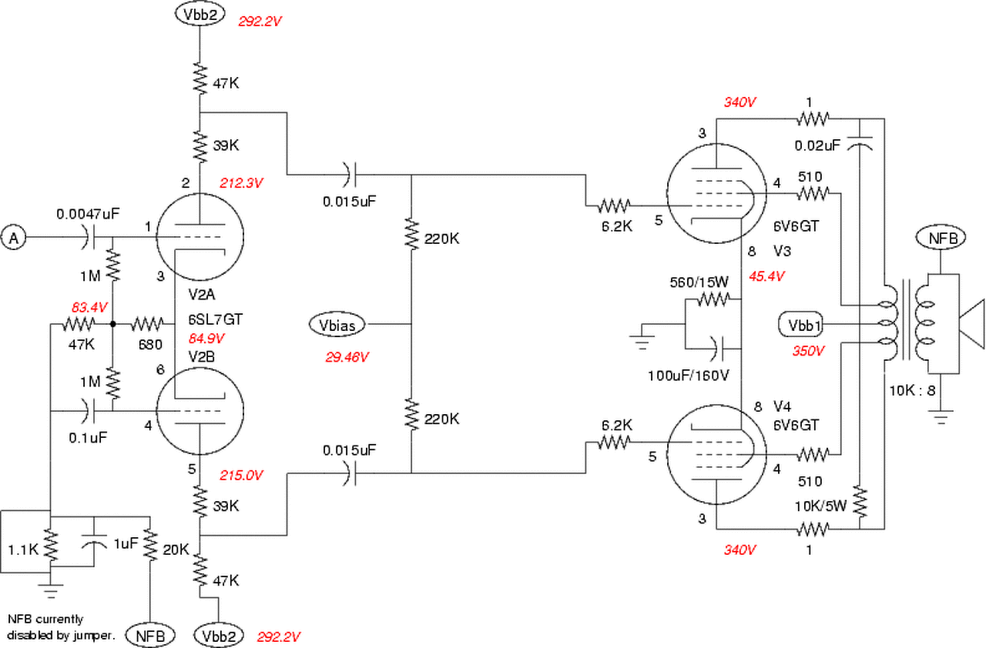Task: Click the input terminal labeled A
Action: [x=14, y=237]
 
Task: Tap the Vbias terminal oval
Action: [x=337, y=326]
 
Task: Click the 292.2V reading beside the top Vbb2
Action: [x=260, y=21]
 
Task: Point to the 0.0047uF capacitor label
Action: [x=88, y=214]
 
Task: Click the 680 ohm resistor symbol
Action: [x=146, y=325]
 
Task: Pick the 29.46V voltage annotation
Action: [x=347, y=357]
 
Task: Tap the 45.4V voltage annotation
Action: [x=766, y=276]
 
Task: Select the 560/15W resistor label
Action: [x=699, y=282]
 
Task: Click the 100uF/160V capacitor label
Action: [x=688, y=376]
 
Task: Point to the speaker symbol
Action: [x=971, y=324]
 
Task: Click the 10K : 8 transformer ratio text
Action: [x=912, y=390]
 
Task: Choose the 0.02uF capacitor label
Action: [x=817, y=145]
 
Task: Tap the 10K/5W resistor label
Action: [x=820, y=506]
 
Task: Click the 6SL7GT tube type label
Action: [x=215, y=319]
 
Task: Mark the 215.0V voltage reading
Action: [x=241, y=476]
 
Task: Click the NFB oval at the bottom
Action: [x=150, y=636]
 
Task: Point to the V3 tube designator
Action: [x=782, y=251]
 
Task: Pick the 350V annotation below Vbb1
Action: [x=808, y=351]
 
